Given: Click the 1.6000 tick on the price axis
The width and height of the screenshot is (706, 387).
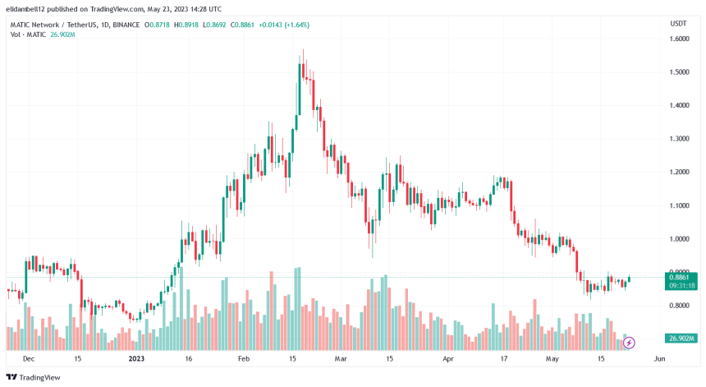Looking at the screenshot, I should point(678,39).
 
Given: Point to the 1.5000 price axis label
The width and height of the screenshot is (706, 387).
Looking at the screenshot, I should point(678,72).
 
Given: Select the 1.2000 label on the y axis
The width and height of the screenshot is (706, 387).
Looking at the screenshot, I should point(678,173).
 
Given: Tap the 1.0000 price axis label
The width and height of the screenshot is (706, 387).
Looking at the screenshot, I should point(678,239).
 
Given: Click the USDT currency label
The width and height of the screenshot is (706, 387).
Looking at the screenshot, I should point(678,24).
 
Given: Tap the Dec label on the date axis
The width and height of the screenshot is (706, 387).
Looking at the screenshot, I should point(29,359).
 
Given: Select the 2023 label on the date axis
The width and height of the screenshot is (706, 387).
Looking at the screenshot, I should point(135,359).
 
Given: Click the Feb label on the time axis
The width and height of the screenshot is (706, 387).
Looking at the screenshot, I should point(243,359).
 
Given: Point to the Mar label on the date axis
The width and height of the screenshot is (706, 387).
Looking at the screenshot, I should point(341,359).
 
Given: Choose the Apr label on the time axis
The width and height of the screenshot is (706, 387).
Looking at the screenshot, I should point(448,359).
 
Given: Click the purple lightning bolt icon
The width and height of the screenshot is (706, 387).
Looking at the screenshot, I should point(630,342).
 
